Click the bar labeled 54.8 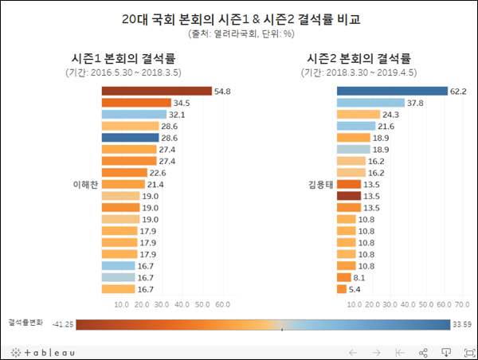tap(156, 91)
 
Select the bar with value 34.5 tap(136, 103)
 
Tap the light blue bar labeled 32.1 tap(133, 115)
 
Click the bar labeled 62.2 tap(392, 91)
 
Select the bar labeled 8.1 tap(344, 276)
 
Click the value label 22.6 tap(158, 173)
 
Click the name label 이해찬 tap(84, 184)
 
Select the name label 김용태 tap(319, 184)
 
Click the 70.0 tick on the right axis tap(460, 304)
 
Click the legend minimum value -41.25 tap(63, 324)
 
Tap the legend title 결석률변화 tap(25, 323)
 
